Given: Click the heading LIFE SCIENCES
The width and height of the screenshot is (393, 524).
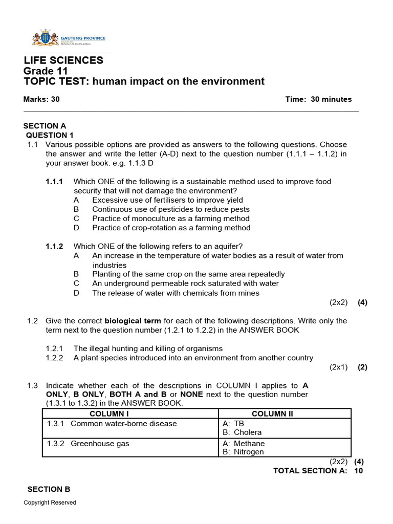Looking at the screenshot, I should click(63, 60).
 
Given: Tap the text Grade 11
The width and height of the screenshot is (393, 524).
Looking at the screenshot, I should click(46, 71).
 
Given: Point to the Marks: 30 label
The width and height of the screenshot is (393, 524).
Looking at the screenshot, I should click(41, 99).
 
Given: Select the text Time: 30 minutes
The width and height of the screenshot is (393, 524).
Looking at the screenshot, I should click(318, 99).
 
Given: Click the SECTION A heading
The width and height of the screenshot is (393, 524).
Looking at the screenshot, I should click(45, 126).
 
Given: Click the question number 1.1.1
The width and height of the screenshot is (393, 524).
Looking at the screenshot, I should click(54, 182).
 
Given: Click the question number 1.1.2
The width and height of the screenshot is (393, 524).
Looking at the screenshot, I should click(54, 246).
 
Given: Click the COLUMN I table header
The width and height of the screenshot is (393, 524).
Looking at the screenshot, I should click(130, 413).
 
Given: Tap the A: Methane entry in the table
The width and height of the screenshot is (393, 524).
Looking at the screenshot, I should click(244, 443).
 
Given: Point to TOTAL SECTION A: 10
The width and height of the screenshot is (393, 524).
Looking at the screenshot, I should click(318, 471).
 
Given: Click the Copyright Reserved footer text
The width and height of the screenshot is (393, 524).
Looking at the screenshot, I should click(50, 503).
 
